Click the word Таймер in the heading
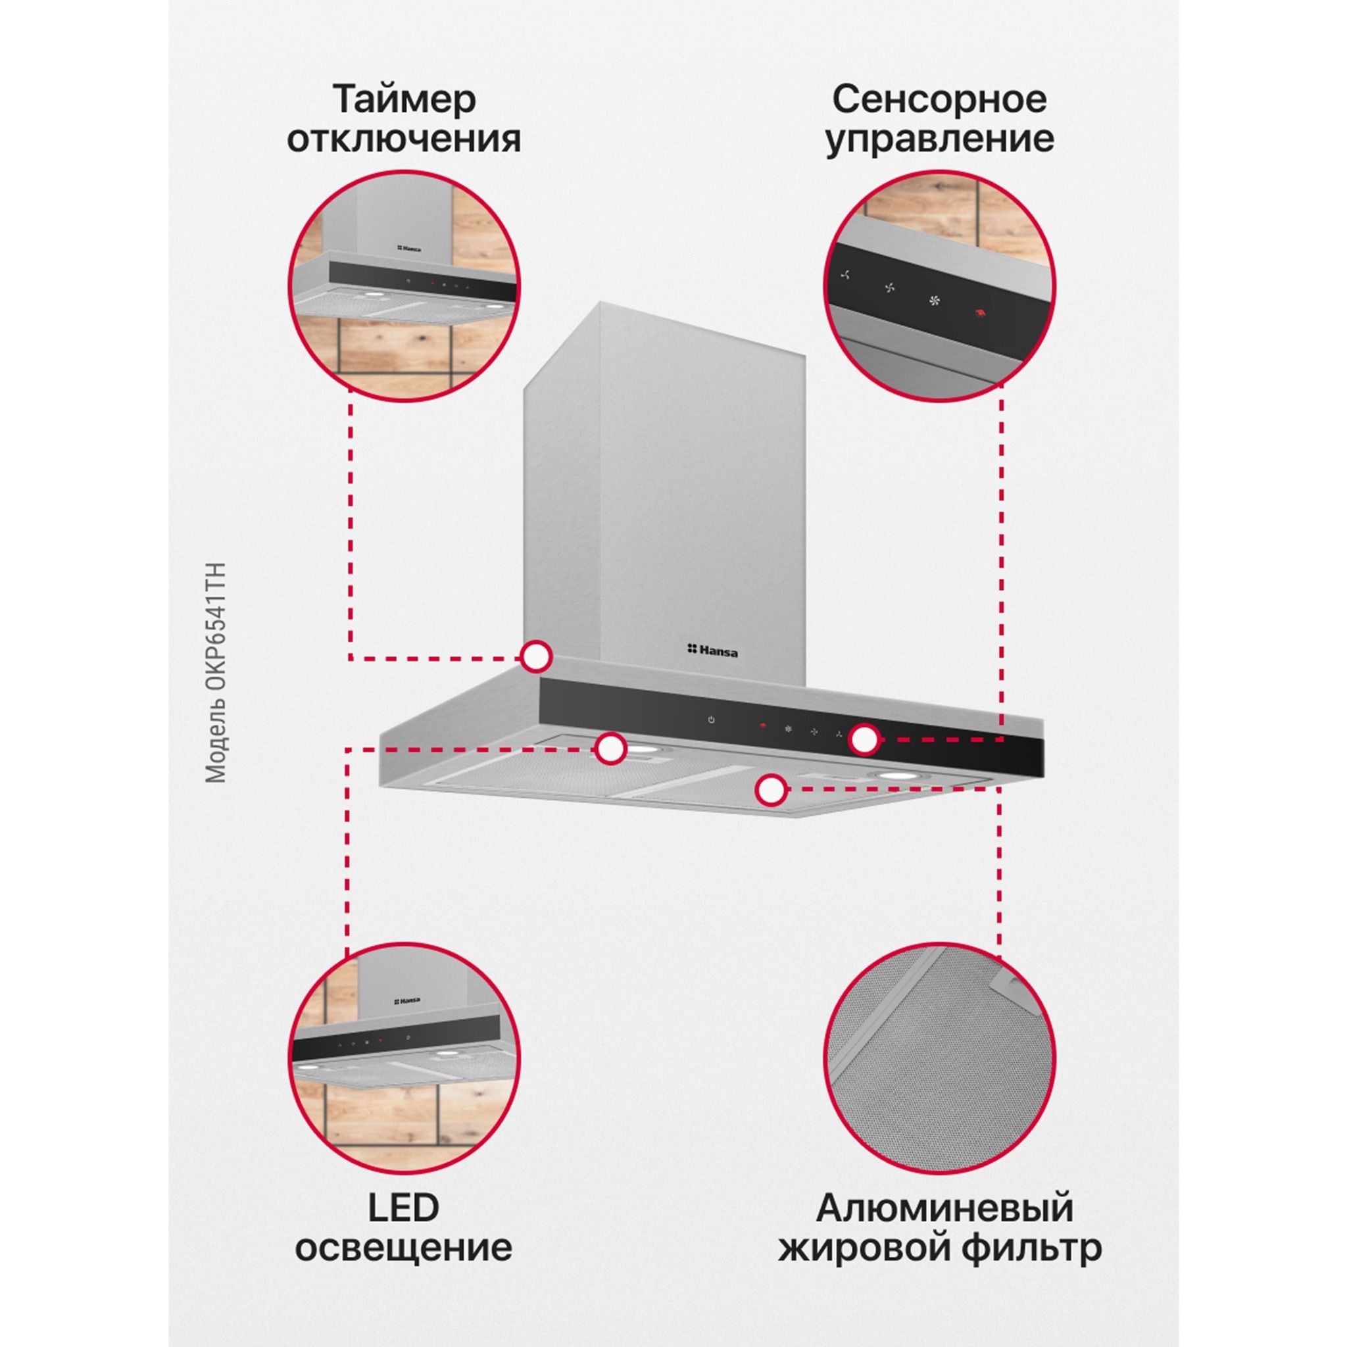(x=404, y=100)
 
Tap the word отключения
(x=404, y=139)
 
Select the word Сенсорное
(x=939, y=100)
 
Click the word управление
(x=939, y=139)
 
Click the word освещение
(x=403, y=1247)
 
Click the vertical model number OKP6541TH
(x=216, y=673)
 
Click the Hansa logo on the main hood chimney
(x=712, y=650)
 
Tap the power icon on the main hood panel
(x=711, y=720)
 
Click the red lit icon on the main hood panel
(x=764, y=726)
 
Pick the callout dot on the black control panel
(x=864, y=739)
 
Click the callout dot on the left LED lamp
(x=611, y=748)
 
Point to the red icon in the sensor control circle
(x=979, y=313)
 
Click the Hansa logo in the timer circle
(x=409, y=247)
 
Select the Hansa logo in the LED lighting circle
(x=408, y=1000)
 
